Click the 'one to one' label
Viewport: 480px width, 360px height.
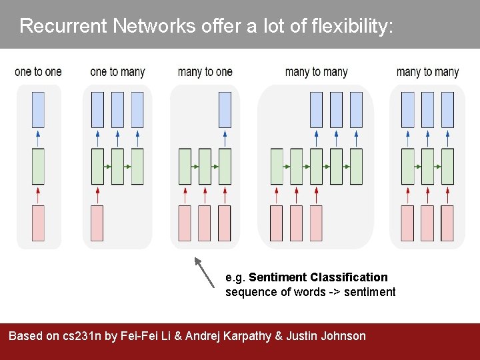[x=38, y=72]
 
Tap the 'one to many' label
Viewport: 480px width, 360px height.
[x=117, y=72]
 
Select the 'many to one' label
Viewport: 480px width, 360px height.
[x=205, y=72]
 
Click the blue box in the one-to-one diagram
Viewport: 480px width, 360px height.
[x=38, y=110]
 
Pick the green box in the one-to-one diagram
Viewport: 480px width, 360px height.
[x=38, y=166]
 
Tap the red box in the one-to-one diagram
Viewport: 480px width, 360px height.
[x=38, y=223]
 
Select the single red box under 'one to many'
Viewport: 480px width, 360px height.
[x=97, y=223]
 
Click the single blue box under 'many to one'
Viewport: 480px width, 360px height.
[x=225, y=110]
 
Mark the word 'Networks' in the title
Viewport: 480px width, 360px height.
[x=154, y=26]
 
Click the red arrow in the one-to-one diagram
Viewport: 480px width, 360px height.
[x=38, y=195]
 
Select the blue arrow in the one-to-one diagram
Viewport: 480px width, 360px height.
[x=38, y=138]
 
